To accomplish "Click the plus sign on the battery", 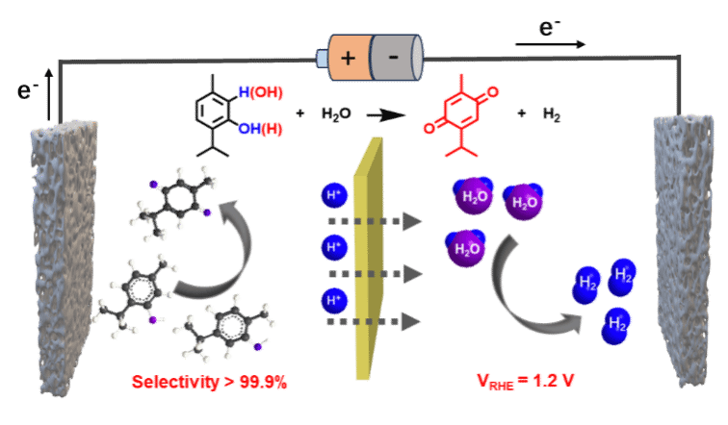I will (348, 58).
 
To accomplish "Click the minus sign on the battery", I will (394, 58).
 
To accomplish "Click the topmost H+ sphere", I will (334, 196).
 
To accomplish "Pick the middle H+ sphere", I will (334, 248).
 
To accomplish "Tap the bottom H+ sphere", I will (334, 301).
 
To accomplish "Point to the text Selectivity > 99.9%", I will (209, 382).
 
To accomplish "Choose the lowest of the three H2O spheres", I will (466, 248).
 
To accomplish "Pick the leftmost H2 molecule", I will (585, 286).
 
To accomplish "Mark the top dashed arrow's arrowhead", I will (412, 222).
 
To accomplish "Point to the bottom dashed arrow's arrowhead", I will (412, 321).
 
